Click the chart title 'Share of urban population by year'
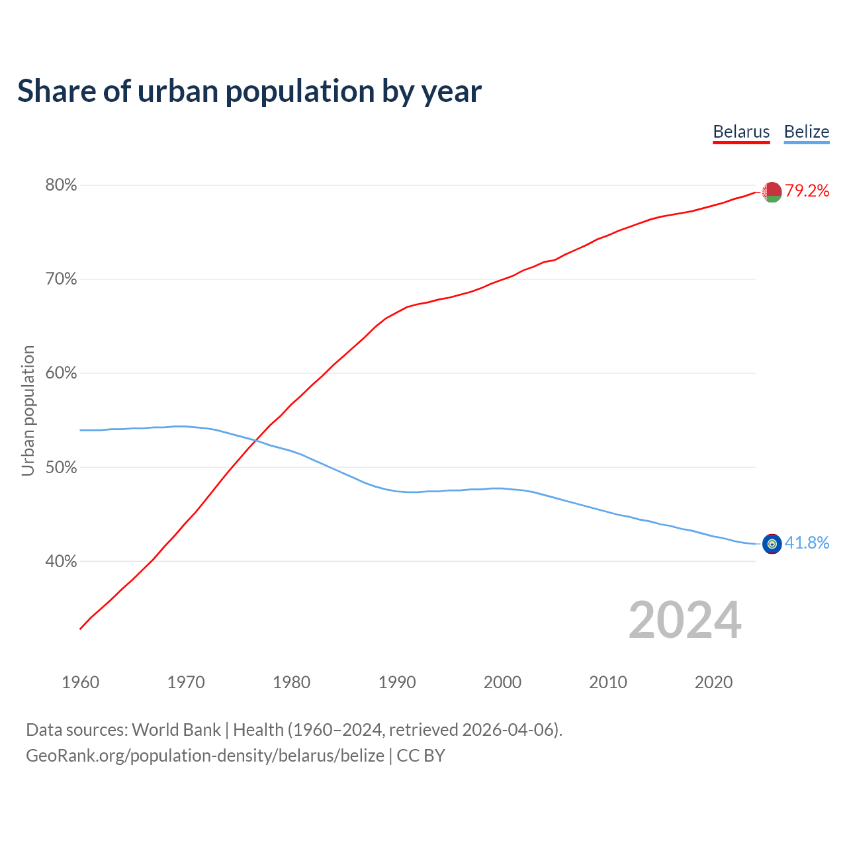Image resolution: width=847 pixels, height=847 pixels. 249,91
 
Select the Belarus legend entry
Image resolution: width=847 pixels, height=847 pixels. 741,132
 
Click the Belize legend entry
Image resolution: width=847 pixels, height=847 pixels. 806,132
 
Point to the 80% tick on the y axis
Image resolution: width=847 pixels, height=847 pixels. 61,185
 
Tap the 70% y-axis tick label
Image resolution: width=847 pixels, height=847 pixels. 61,279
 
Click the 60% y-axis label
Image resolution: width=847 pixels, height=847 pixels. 61,373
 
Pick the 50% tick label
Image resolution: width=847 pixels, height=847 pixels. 61,467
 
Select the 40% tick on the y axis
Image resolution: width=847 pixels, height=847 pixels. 61,561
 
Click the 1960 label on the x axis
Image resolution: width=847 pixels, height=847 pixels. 80,682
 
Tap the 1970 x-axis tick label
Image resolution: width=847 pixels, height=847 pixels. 186,682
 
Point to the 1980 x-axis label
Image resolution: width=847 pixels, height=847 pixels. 291,682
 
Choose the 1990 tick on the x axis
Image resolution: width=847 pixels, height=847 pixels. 397,682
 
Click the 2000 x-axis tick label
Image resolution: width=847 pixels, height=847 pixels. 502,682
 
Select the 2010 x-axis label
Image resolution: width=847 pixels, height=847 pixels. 608,682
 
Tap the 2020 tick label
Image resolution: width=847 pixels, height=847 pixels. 713,682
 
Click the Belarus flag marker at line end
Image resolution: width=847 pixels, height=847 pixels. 772,192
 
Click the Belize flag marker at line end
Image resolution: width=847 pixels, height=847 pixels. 772,544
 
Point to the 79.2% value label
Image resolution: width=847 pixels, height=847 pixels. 807,191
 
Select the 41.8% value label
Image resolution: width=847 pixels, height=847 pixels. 807,543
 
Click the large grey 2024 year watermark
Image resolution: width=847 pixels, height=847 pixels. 685,620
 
